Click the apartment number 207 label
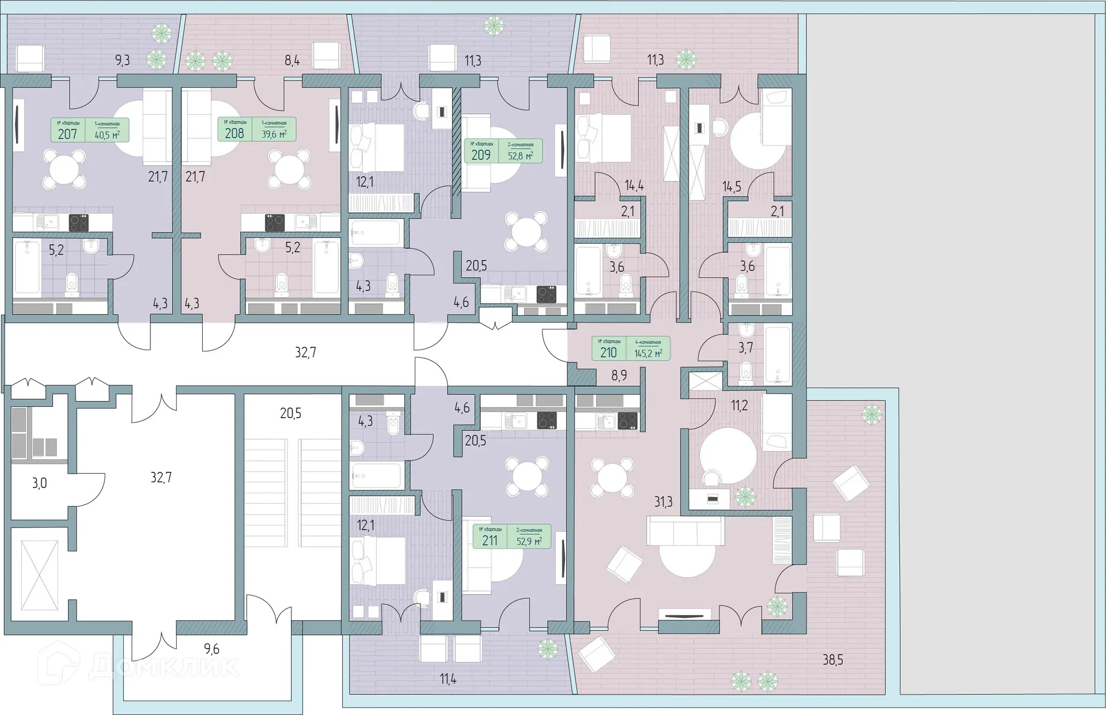click(67, 134)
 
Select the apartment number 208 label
click(234, 133)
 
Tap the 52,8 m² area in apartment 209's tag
click(520, 155)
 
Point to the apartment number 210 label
click(608, 353)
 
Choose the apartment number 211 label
click(490, 540)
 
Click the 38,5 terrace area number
click(832, 660)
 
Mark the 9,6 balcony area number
click(211, 649)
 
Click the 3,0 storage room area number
click(39, 483)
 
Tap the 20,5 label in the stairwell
click(290, 413)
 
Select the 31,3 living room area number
click(663, 502)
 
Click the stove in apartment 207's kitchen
click(78, 222)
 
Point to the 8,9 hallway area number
click(619, 376)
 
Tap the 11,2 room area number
click(739, 406)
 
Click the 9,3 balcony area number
click(122, 60)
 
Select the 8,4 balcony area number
click(292, 60)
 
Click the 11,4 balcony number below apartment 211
click(448, 680)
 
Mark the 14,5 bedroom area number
click(732, 187)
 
